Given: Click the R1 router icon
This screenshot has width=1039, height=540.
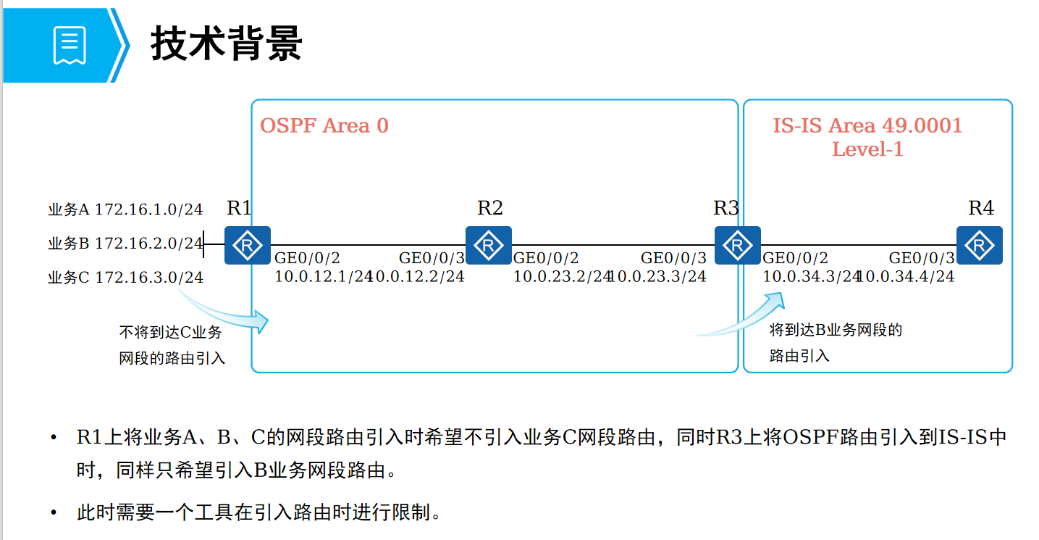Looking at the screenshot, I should click(x=247, y=245).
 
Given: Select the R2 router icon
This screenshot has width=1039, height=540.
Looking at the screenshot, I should click(x=489, y=245).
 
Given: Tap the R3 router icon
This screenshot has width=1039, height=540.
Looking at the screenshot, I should click(x=738, y=245).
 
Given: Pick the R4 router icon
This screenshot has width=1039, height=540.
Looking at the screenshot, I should click(x=979, y=245).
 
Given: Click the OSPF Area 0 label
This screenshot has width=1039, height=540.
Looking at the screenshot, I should click(x=324, y=126).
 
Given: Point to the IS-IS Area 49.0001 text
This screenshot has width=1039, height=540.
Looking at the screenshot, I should click(x=867, y=126).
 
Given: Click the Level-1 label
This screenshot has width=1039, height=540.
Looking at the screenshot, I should click(x=867, y=150).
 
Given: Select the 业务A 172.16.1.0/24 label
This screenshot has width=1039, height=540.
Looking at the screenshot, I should click(x=125, y=210).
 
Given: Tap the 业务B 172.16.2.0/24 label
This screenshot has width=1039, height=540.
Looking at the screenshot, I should click(x=125, y=244).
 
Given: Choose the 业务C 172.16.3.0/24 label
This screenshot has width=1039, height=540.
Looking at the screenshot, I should click(x=125, y=277).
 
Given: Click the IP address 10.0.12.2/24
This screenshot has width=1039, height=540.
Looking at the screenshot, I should click(x=420, y=276).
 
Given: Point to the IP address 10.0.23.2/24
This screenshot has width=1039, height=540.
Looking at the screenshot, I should click(x=562, y=276).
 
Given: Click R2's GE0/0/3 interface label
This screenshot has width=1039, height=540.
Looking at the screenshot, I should click(x=432, y=258).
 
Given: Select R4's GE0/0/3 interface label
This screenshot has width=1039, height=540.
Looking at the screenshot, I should click(x=922, y=258).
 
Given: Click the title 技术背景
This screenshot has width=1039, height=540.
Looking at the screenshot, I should click(x=226, y=43).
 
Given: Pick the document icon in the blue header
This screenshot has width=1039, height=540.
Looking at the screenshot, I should click(x=70, y=45).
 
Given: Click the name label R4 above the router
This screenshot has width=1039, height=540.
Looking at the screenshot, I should click(x=981, y=208).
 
